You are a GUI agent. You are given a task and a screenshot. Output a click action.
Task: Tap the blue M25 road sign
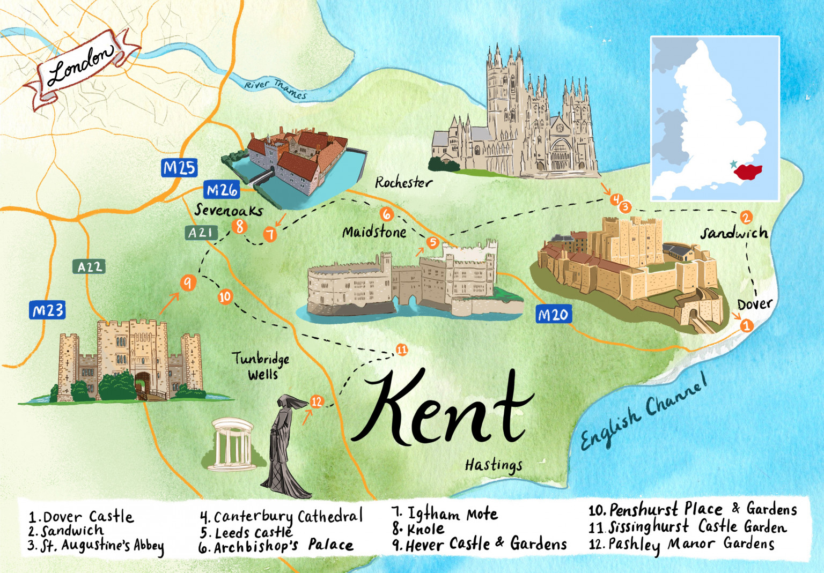coord(179,168)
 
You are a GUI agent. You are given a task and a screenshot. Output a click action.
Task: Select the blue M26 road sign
coord(222,190)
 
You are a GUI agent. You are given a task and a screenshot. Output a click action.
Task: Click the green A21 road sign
coord(201,233)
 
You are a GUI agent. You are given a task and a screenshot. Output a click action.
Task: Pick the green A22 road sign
coord(89,267)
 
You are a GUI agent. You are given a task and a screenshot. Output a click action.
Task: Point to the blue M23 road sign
coord(48,310)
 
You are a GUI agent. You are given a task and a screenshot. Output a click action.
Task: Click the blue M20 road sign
coord(553,315)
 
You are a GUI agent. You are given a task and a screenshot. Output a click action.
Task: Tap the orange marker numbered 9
coord(187,282)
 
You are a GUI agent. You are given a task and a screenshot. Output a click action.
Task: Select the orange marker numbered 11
coord(402,350)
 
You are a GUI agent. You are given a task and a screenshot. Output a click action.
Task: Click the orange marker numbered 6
coord(386,214)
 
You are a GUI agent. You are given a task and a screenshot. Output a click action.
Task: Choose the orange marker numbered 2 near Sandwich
coord(746,217)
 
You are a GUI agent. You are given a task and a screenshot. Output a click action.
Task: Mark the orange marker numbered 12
coord(317,401)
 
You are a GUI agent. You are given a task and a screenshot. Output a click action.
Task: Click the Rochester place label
coord(403,183)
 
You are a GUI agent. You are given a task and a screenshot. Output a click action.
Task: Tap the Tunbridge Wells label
coord(261,366)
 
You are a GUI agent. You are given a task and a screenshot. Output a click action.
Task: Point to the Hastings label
coord(494,465)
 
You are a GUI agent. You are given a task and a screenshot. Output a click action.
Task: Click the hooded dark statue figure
coord(284,445)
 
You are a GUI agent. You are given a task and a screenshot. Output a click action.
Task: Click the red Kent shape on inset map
coord(748,172)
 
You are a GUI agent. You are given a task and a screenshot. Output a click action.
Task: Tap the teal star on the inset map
coord(733,164)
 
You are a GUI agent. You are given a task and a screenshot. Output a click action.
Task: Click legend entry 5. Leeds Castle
coord(247,533)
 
